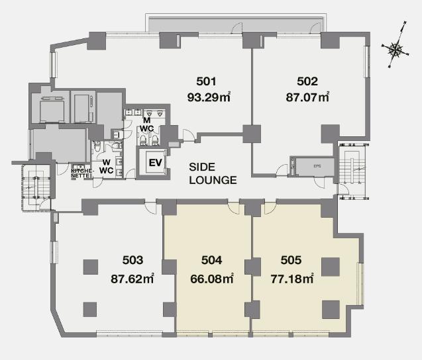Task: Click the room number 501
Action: [x=206, y=81]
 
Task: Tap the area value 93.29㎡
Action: [x=209, y=97]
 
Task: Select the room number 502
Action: [x=307, y=81]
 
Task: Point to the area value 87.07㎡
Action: [x=307, y=97]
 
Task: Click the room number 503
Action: [x=132, y=260]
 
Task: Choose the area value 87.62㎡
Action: [x=132, y=279]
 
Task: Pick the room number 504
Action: [x=212, y=260]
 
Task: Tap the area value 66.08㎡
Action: [x=212, y=279]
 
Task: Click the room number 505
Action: [x=291, y=260]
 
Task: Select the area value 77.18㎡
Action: [x=292, y=279]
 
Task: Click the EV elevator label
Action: [x=155, y=162]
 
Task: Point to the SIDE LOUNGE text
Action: [x=213, y=173]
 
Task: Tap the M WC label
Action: [x=147, y=125]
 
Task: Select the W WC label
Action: [x=106, y=166]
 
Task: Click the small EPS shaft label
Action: [x=317, y=166]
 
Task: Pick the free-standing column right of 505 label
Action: [x=331, y=267]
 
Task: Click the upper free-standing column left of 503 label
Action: [x=90, y=267]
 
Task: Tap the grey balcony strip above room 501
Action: [x=236, y=24]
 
